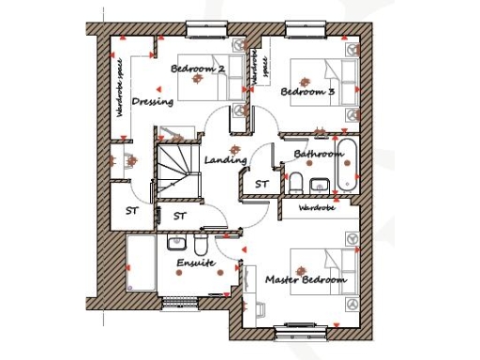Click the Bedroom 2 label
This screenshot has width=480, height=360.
pyautogui.click(x=198, y=69)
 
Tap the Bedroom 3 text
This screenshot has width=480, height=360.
pyautogui.click(x=307, y=92)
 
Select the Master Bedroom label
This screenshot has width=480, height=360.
pyautogui.click(x=306, y=279)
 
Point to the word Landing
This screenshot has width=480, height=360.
pyautogui.click(x=225, y=160)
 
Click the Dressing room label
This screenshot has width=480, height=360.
pyautogui.click(x=150, y=101)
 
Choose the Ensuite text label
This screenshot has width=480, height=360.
pyautogui.click(x=196, y=263)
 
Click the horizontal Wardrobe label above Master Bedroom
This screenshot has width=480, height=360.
pyautogui.click(x=317, y=208)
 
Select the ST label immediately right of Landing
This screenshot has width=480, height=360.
pyautogui.click(x=262, y=183)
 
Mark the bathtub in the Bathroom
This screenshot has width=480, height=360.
pyautogui.click(x=346, y=166)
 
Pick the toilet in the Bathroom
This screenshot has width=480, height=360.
pyautogui.click(x=294, y=181)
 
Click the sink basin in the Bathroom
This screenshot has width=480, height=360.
pyautogui.click(x=317, y=183)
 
